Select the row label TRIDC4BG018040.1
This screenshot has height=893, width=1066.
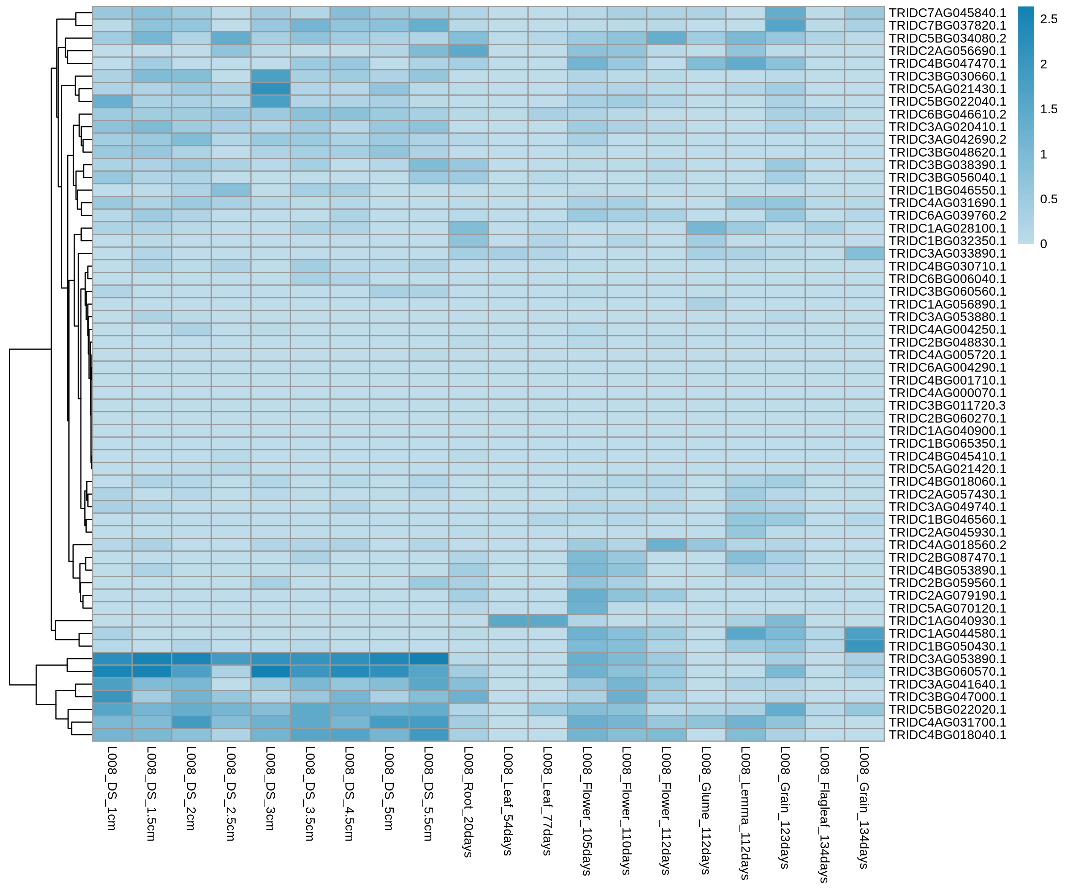click(947, 735)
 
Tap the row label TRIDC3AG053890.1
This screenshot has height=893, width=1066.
click(947, 659)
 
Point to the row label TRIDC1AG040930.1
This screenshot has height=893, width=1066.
click(947, 621)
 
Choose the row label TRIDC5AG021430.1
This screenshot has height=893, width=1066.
click(947, 89)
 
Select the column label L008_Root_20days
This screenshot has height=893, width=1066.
click(469, 802)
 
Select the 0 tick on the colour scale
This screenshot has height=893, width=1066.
click(1044, 244)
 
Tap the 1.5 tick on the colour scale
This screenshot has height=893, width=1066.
click(1049, 109)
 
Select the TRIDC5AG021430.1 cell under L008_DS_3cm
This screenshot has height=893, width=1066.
click(271, 89)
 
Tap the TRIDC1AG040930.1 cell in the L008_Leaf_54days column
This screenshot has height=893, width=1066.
click(508, 621)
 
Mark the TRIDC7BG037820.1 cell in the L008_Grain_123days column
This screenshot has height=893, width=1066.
click(785, 25)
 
